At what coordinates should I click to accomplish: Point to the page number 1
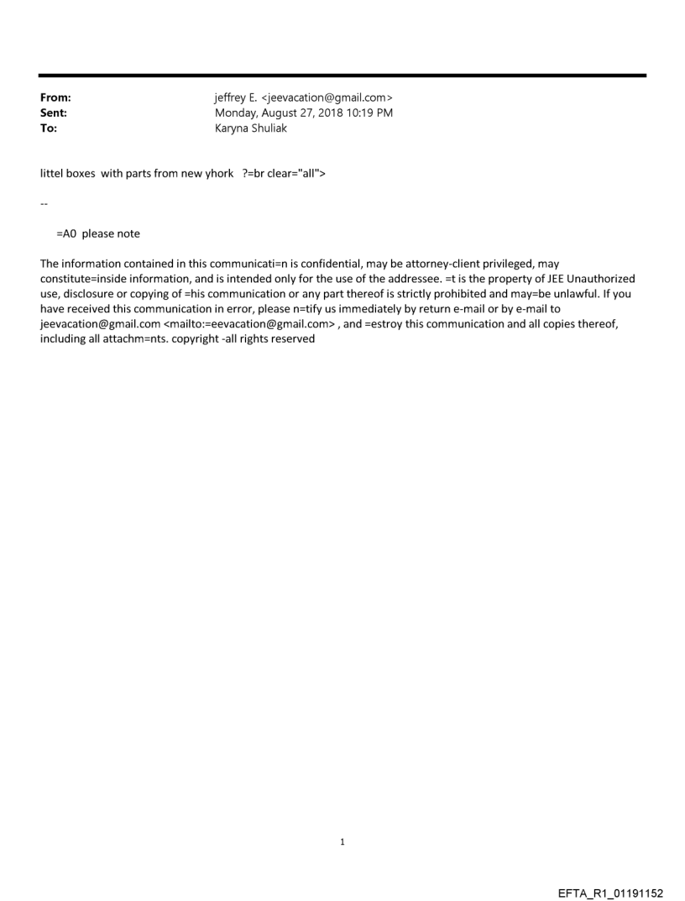(342, 841)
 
